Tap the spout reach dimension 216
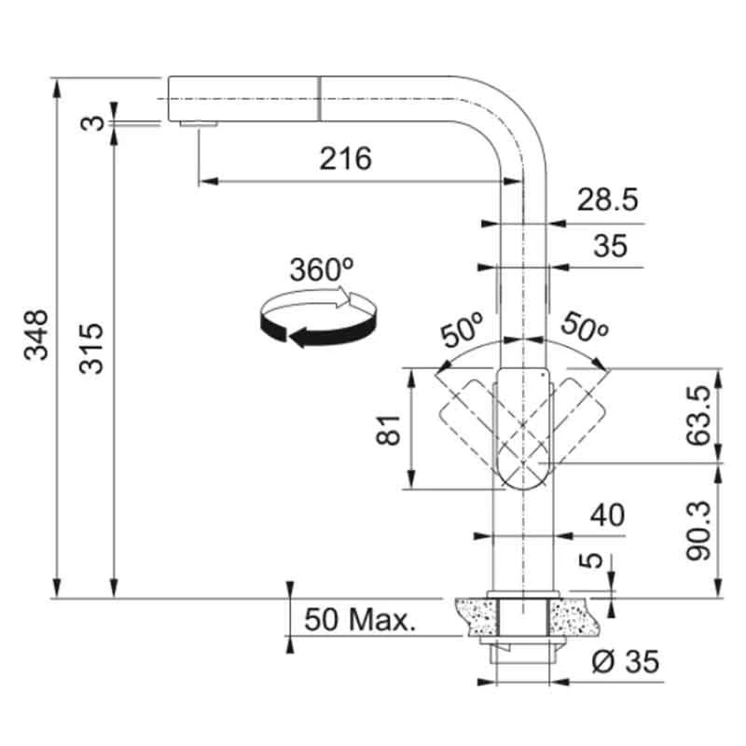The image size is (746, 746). (x=345, y=159)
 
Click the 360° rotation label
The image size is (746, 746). (x=321, y=270)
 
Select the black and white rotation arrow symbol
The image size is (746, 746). (x=318, y=320)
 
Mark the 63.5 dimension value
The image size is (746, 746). (x=702, y=415)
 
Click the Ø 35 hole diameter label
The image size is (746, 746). (x=626, y=662)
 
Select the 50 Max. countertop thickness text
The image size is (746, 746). (x=360, y=619)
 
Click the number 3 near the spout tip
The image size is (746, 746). (x=91, y=122)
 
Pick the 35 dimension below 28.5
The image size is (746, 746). (x=610, y=247)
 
